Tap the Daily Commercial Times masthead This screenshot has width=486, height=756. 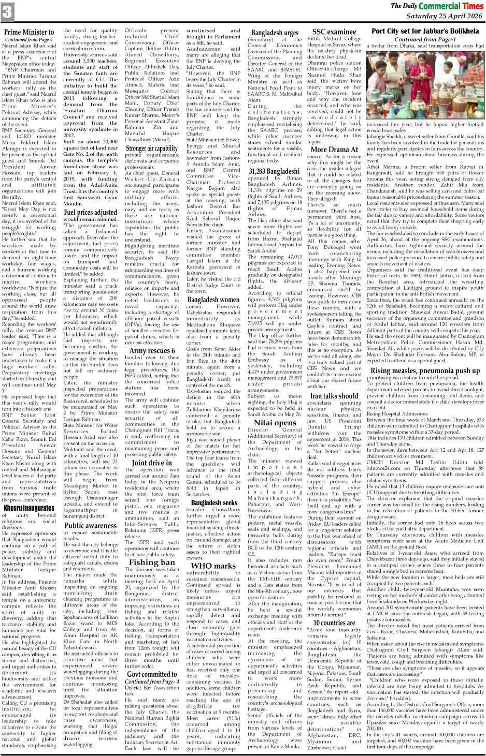pos(436,6)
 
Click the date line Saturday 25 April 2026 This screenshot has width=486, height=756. pos(444,16)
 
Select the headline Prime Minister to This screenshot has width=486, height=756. pos(29,33)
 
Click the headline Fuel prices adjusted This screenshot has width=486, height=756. pos(90,212)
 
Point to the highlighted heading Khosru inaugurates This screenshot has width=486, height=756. pos(29,508)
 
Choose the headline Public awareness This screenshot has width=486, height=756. pos(90,525)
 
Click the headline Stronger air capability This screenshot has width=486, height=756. pos(151,149)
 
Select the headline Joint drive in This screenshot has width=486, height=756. pos(151,463)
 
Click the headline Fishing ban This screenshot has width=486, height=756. pos(151,562)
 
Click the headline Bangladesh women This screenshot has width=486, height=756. pos(213,300)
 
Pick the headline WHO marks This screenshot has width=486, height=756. pos(213,566)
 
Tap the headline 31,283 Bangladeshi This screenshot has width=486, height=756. pos(274,171)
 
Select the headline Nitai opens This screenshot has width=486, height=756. pos(274,422)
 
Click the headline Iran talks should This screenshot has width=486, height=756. pos(334,395)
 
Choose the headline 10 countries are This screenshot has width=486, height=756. pos(334,622)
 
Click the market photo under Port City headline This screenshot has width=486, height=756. pos(425,85)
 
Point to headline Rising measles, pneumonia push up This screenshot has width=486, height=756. pos(425,370)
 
